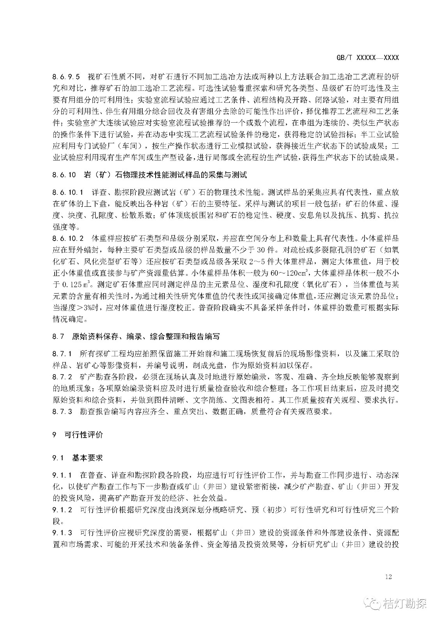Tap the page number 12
[388, 577]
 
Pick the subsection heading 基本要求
[88, 458]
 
